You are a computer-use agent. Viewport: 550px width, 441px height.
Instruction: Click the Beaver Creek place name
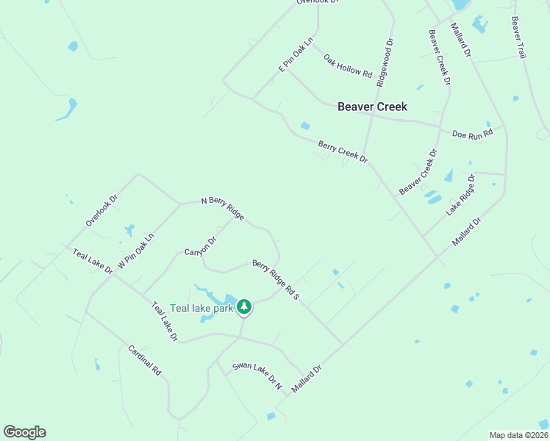(372, 107)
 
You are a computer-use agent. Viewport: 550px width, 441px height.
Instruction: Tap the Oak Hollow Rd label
(349, 65)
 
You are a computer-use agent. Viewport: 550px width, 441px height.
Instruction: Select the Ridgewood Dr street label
(385, 63)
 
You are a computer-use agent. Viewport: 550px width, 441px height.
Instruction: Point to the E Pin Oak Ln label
(296, 55)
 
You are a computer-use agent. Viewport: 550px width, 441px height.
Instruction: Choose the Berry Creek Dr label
(343, 152)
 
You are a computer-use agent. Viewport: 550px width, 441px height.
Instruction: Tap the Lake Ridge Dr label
(461, 195)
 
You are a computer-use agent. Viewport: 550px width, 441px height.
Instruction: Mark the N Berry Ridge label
(223, 208)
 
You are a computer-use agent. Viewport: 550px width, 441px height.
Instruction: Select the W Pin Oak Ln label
(136, 251)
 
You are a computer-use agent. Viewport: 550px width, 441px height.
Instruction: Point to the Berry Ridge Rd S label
(276, 279)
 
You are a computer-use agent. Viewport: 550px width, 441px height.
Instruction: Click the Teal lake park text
(201, 308)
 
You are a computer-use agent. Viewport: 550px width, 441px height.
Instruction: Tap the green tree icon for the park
(245, 306)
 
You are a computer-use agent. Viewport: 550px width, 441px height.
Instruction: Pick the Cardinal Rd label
(144, 360)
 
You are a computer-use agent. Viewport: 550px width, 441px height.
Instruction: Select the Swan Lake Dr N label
(257, 375)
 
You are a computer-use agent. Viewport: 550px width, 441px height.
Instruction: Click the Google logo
(24, 432)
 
